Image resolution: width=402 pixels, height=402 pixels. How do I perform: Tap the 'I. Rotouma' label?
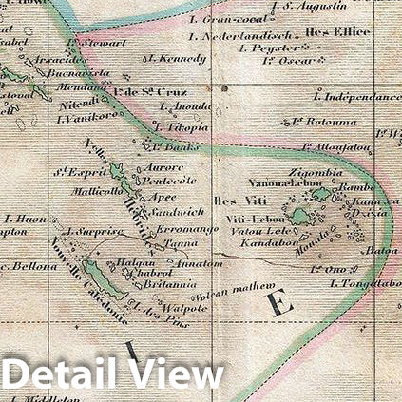pyautogui.click(x=324, y=121)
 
